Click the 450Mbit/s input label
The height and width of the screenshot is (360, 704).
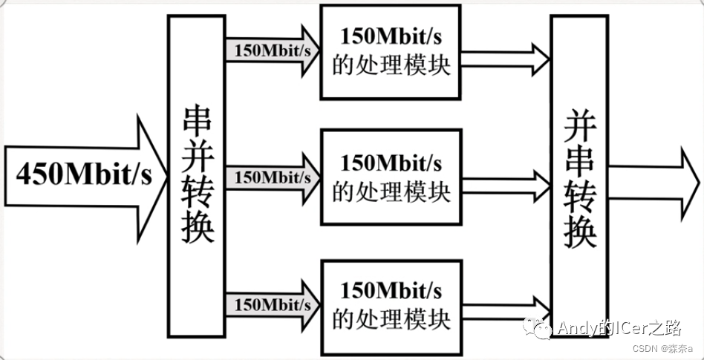point(83,175)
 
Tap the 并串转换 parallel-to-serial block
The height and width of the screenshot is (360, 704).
point(579,178)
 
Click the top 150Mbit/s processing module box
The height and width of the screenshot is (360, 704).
point(391,51)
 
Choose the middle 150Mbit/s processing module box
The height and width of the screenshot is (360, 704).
point(391,177)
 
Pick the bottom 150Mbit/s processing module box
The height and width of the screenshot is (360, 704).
point(391,306)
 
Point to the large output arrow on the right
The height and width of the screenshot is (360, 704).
point(654,182)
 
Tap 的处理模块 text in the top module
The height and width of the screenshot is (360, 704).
point(391,65)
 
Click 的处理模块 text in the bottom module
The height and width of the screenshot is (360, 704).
point(391,319)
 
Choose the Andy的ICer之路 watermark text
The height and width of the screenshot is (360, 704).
point(619,327)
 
